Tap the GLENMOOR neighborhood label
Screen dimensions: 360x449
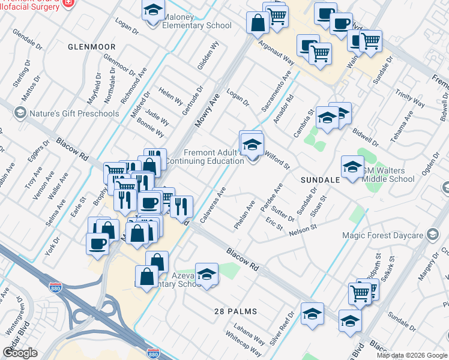click(91, 46)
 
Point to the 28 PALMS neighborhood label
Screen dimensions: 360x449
click(236, 311)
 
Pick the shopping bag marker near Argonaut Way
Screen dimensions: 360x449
click(258, 23)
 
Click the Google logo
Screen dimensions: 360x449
click(20, 353)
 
